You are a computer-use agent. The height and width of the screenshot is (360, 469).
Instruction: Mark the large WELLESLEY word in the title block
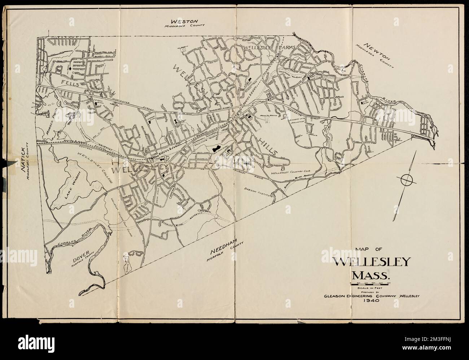pos(372,262)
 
